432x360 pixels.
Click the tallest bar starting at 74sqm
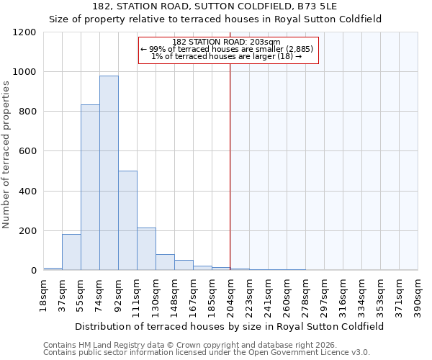(109, 173)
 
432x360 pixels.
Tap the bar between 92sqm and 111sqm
(127, 220)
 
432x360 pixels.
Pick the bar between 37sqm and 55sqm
(71, 252)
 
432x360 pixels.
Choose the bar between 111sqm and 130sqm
(146, 249)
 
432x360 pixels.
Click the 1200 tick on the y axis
(24, 32)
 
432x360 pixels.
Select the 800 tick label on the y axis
(27, 112)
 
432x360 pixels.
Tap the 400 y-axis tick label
(27, 192)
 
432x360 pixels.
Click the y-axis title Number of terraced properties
(6, 155)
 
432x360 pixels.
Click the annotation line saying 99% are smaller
(227, 49)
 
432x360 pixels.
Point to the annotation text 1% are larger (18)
(227, 56)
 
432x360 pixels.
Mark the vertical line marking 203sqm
(230, 166)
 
